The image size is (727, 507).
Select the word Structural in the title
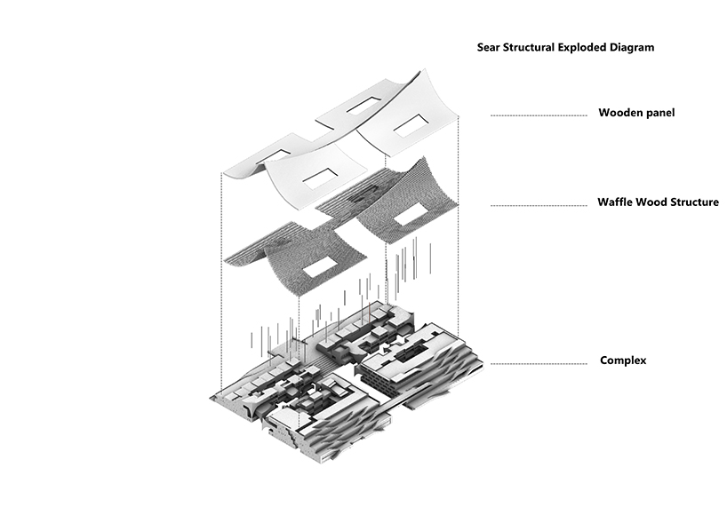click(x=526, y=47)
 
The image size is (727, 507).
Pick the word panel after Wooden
click(x=659, y=113)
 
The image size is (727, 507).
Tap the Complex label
click(x=623, y=360)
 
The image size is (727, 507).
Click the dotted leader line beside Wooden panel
click(x=539, y=115)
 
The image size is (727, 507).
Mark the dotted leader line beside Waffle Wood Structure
click(x=539, y=205)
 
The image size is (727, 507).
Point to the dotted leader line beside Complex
click(x=539, y=363)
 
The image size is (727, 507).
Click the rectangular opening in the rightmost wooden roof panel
click(x=411, y=125)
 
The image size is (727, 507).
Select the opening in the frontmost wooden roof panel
click(x=320, y=179)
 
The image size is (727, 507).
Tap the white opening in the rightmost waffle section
click(x=411, y=216)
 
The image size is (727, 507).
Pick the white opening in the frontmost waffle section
click(x=320, y=267)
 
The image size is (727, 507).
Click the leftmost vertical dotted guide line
click(x=221, y=283)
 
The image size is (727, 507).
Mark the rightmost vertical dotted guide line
click(x=459, y=227)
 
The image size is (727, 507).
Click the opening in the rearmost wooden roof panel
click(x=364, y=106)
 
